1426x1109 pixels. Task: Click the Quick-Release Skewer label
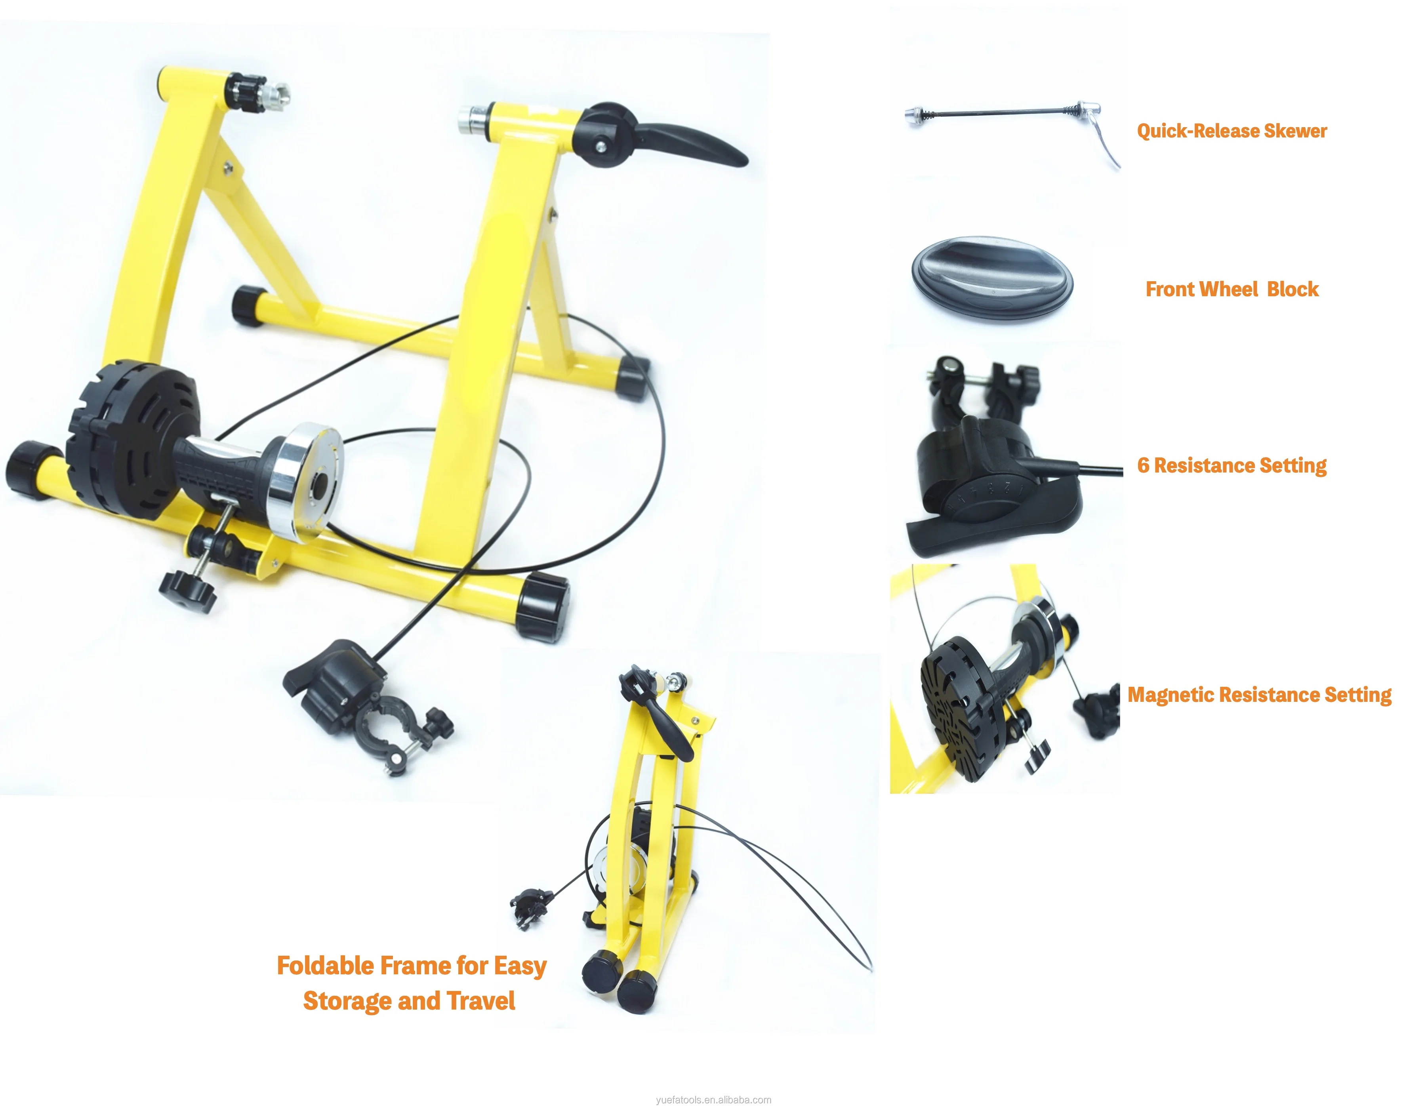click(x=1232, y=131)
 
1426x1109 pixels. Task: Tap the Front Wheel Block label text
click(x=1232, y=289)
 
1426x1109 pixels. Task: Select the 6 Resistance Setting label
click(x=1232, y=465)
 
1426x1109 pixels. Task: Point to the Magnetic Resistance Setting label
click(x=1260, y=695)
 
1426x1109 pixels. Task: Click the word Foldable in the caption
click(x=325, y=965)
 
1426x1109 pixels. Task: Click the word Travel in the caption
click(x=480, y=1000)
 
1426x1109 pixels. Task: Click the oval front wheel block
click(x=992, y=278)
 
